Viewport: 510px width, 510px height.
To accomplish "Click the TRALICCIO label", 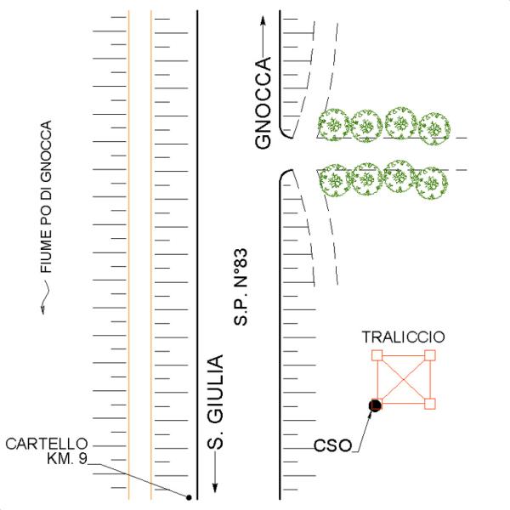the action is (403, 337).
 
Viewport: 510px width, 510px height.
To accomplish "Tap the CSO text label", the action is (332, 445).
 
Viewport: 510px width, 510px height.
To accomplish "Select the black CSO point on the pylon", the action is (375, 405).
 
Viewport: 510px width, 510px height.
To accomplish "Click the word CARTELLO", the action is (47, 444).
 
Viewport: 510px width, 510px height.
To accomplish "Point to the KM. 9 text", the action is (67, 458).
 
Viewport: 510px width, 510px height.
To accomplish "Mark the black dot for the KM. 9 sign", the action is (189, 497).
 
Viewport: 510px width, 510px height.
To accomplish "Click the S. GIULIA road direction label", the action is (216, 402).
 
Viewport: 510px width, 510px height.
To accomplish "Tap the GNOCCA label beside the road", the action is (263, 103).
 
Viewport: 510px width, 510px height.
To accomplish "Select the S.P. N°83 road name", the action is (241, 287).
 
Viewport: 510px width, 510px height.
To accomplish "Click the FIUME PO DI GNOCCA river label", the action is (46, 196).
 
